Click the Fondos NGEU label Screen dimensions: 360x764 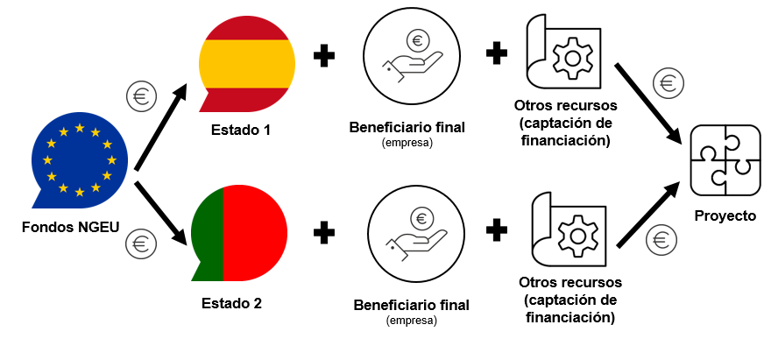[71, 228]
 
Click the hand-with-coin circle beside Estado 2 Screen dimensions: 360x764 [412, 236]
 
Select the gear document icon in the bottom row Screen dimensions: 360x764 [570, 233]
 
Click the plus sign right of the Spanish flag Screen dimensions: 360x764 [324, 57]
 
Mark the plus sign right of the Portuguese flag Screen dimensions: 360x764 [324, 233]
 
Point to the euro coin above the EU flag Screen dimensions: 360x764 [141, 95]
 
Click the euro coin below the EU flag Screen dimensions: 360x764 [140, 242]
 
